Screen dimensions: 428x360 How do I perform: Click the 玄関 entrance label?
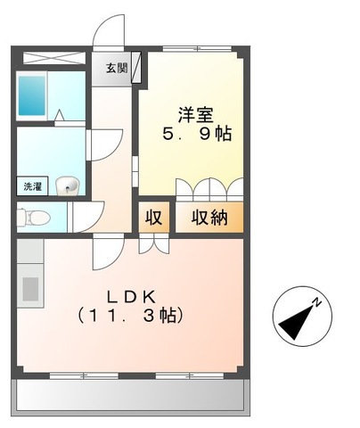point(117,69)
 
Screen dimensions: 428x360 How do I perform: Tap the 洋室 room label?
point(195,115)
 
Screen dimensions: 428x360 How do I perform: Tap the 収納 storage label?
point(208,218)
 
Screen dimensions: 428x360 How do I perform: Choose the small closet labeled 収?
point(152,218)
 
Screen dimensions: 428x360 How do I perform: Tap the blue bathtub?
point(33,94)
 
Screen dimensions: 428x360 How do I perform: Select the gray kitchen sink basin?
point(30,289)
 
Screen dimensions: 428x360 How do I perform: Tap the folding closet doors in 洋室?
point(209,189)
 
